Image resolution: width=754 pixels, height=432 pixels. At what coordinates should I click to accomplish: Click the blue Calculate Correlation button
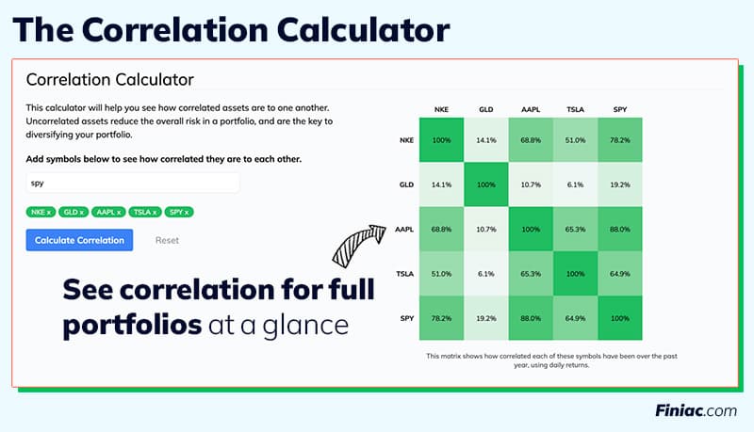coord(79,240)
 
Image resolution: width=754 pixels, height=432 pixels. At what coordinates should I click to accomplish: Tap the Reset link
coord(167,240)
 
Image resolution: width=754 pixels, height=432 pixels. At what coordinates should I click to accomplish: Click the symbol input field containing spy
coord(133,183)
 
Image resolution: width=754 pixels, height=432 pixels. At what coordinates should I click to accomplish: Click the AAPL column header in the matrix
coord(531,110)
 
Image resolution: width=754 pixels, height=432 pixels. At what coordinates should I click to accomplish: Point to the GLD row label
coord(406,185)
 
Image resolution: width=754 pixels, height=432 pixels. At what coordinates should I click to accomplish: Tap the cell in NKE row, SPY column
coord(620,140)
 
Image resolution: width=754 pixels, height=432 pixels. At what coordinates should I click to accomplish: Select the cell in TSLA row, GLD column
coord(486,274)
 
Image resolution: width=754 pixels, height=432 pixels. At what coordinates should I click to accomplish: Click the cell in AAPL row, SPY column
coord(620,230)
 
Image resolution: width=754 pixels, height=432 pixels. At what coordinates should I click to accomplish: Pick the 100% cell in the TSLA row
coord(576,274)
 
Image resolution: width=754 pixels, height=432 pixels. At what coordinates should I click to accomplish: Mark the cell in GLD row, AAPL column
coord(531,185)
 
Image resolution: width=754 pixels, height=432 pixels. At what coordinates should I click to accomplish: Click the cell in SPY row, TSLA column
coord(576,319)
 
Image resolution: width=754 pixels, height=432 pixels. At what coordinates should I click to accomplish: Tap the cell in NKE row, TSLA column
coord(576,140)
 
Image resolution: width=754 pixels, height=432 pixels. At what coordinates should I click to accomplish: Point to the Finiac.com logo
coord(696,410)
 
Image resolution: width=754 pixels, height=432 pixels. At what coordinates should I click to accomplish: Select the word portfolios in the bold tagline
coord(132,326)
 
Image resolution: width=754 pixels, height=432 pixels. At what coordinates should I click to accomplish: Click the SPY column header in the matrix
coord(620,110)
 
